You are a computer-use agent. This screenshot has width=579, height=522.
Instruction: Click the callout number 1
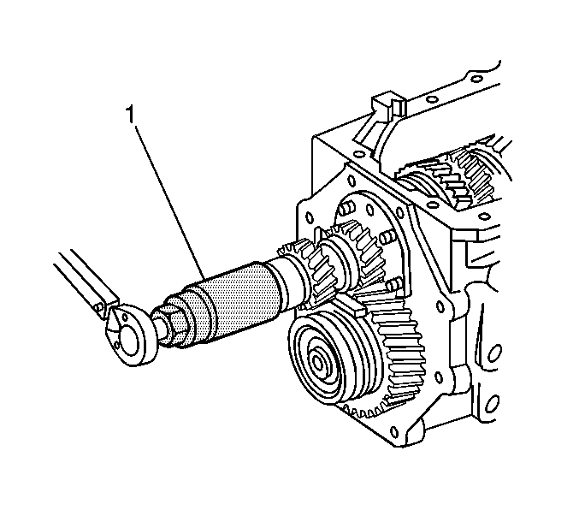click(130, 115)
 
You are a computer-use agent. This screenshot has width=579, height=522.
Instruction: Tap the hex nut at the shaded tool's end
click(174, 321)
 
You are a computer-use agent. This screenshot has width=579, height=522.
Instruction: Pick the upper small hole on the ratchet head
click(125, 317)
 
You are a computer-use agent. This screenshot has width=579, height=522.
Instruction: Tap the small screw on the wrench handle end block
click(97, 305)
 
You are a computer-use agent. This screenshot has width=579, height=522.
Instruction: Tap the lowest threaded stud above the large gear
click(393, 284)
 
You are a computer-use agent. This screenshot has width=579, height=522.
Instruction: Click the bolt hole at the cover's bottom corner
click(394, 431)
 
